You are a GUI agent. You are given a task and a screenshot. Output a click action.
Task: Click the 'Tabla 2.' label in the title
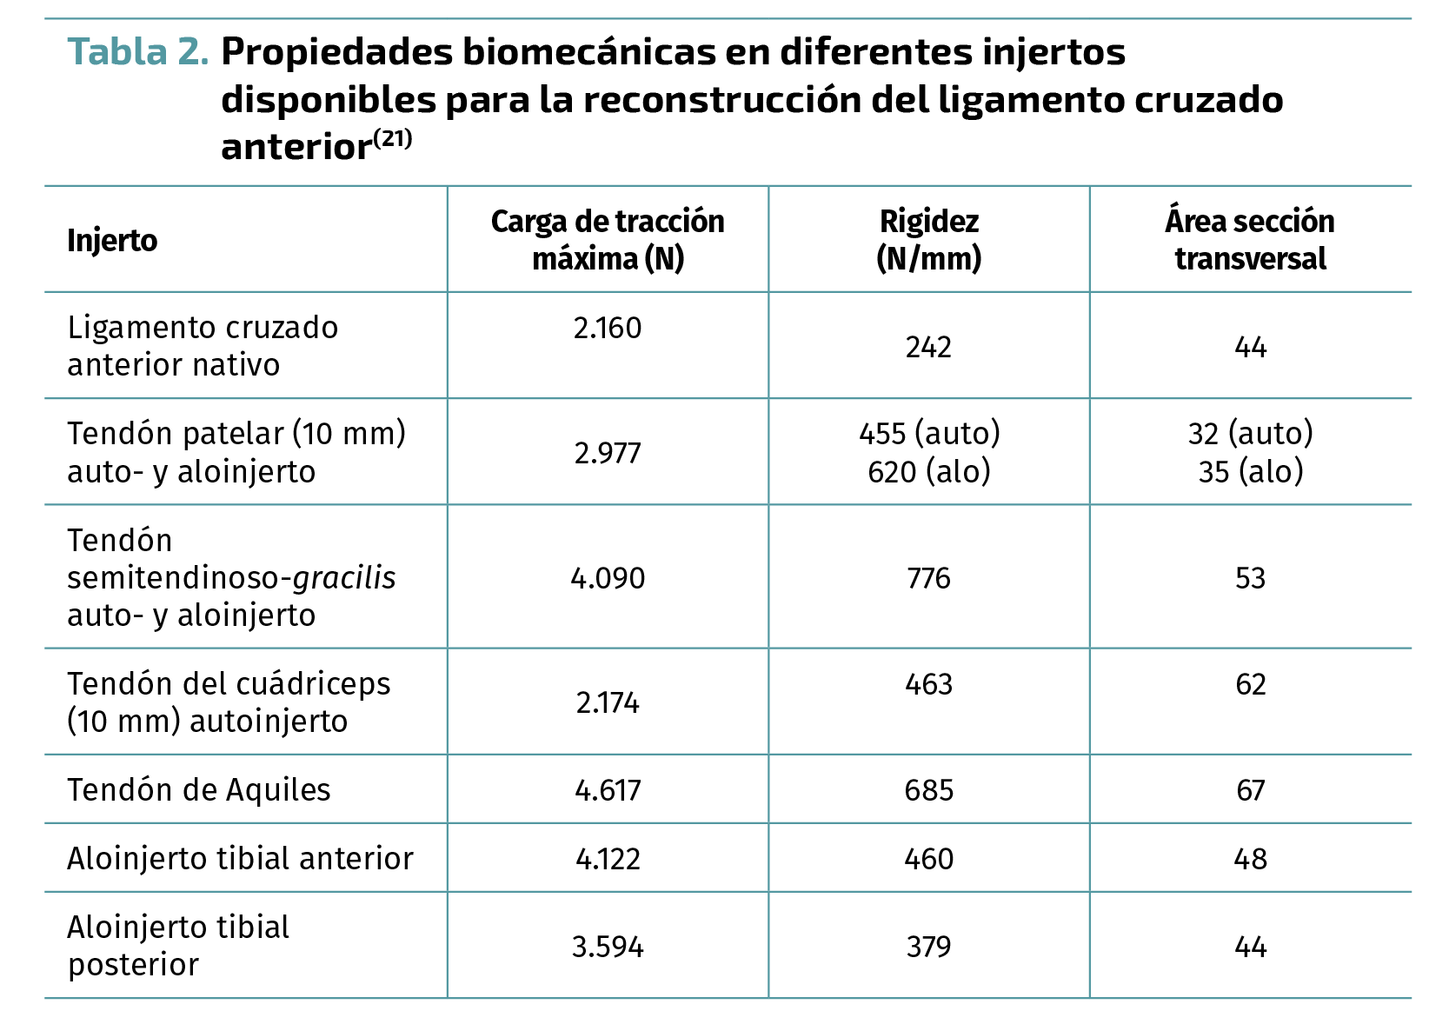[x=138, y=52]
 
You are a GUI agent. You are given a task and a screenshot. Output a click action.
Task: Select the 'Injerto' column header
[x=112, y=241]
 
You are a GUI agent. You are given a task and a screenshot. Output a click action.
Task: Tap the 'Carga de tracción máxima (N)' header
[x=608, y=240]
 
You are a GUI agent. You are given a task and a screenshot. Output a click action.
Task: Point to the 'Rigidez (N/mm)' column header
[x=928, y=240]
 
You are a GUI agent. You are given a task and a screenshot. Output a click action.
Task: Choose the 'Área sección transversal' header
[x=1250, y=240]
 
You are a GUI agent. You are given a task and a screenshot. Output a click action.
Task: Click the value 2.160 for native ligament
[x=608, y=328]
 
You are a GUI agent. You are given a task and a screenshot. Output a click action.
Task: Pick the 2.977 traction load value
[x=608, y=453]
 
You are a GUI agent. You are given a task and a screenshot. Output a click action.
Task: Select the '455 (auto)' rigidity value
[x=929, y=433]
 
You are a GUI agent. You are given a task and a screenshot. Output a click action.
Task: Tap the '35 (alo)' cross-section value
[x=1251, y=471]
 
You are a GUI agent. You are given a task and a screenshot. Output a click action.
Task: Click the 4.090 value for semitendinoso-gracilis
[x=608, y=578]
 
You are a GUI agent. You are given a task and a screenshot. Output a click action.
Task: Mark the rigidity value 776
[x=928, y=578]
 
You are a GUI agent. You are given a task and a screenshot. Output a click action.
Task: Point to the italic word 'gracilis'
[x=344, y=578]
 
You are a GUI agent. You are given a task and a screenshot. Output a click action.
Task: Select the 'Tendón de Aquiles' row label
[x=199, y=790]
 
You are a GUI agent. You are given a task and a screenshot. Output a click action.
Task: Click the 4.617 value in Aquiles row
[x=608, y=790]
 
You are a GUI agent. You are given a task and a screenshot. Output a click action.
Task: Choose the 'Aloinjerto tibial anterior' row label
[x=240, y=859]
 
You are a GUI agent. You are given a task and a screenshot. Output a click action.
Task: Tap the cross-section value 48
[x=1250, y=859]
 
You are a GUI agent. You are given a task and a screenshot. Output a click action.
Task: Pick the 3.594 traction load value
[x=608, y=947]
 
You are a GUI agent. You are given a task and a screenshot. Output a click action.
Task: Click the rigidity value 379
[x=928, y=947]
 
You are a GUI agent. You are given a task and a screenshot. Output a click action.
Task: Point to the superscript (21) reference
[x=392, y=139]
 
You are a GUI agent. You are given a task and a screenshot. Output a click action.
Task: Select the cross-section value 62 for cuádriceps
[x=1250, y=685]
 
